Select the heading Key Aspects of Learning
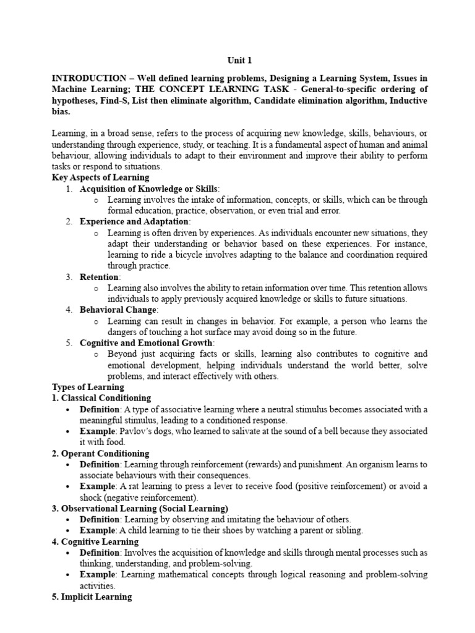(x=100, y=177)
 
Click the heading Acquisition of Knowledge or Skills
(x=149, y=189)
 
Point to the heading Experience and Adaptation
(x=134, y=221)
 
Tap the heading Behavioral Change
(x=119, y=310)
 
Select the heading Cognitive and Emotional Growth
(x=146, y=342)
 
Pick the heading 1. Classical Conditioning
(x=101, y=398)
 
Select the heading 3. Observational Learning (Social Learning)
(x=132, y=509)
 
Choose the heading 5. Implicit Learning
(x=92, y=597)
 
